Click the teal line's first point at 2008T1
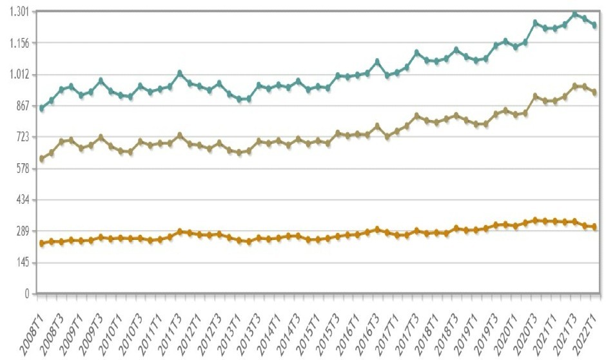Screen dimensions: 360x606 pos(42,108)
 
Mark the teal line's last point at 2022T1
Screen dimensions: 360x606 pos(594,25)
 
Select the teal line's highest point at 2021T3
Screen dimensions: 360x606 pos(575,14)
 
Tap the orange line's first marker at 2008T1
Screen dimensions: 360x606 pos(42,243)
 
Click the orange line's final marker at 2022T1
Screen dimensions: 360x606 pos(594,227)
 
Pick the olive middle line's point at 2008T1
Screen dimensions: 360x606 pos(42,159)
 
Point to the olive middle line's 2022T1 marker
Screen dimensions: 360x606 pos(594,93)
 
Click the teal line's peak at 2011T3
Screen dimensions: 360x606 pos(180,73)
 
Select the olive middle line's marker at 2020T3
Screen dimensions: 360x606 pos(535,96)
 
